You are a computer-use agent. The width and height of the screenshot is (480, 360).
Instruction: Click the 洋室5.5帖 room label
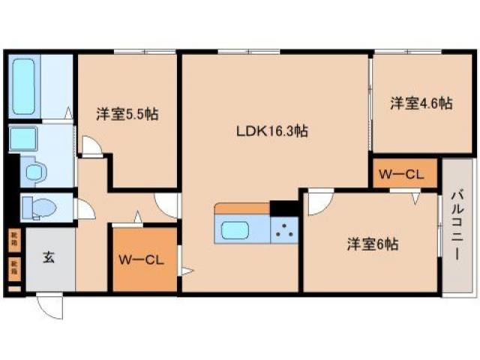click(x=126, y=115)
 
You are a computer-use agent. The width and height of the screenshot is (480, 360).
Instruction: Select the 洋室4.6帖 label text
click(x=420, y=103)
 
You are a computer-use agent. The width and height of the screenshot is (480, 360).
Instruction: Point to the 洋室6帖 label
click(x=372, y=244)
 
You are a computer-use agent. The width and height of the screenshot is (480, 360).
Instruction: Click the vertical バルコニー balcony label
click(x=457, y=224)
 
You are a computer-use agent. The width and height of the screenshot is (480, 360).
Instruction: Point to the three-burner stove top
click(x=284, y=229)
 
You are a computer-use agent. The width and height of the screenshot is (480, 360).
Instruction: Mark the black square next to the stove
click(x=283, y=208)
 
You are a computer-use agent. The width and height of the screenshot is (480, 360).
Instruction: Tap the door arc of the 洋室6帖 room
click(x=320, y=202)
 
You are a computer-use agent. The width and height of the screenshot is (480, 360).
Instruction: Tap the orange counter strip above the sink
click(x=241, y=208)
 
